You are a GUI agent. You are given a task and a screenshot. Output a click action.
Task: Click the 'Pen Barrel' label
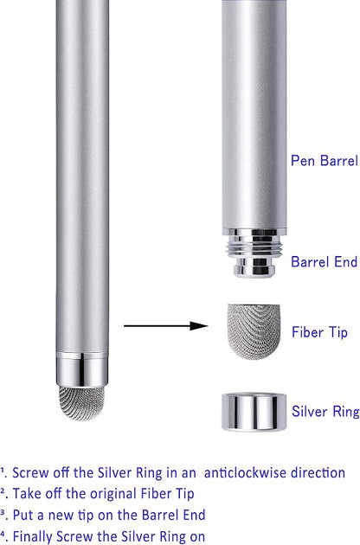pos(325,161)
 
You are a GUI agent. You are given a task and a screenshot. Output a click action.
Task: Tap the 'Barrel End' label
pos(325,262)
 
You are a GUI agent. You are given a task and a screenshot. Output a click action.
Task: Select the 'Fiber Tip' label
pos(319,332)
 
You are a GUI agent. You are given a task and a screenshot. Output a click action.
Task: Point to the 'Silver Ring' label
pos(325,412)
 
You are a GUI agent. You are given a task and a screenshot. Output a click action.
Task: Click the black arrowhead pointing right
pos(199,325)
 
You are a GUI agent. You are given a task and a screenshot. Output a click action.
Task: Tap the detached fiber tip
pos(254,331)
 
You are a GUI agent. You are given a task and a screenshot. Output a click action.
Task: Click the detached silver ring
pos(254,412)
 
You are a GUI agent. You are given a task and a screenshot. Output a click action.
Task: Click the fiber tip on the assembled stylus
pos(81,402)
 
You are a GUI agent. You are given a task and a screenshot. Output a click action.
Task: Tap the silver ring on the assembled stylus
pos(81,369)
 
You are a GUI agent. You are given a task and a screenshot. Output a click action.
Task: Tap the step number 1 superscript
pos(2,470)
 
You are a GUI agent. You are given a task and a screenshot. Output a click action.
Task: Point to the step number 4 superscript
pos(3,533)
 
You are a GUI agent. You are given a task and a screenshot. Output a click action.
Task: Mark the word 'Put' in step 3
pos(22,515)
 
